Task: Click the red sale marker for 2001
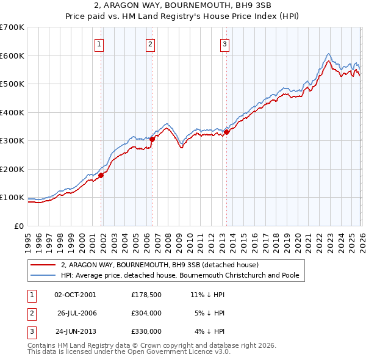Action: (101, 175)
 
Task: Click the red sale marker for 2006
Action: (152, 139)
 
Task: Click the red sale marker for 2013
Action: (226, 131)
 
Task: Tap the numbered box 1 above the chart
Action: (99, 43)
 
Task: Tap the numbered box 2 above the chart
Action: (150, 43)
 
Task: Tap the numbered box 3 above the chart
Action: (224, 43)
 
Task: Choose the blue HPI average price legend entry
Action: (179, 276)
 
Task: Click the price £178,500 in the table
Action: (146, 295)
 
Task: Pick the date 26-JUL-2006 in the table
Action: (77, 313)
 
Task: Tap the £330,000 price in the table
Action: (146, 331)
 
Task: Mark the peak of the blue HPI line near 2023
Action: (328, 54)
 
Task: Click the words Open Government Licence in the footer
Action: (181, 353)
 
